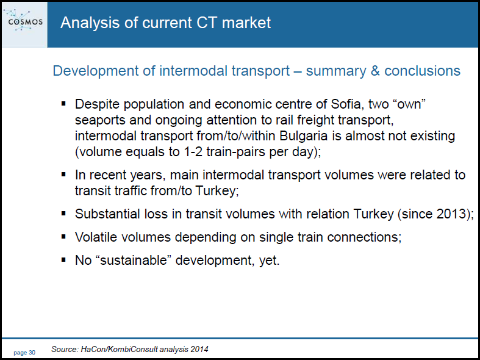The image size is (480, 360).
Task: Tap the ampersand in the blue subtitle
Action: click(x=374, y=71)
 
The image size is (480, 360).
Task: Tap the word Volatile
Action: click(x=96, y=237)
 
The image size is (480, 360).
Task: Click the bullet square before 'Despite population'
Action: click(x=63, y=104)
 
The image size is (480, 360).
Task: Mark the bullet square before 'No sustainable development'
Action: click(x=63, y=260)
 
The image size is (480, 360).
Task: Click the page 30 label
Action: click(x=24, y=353)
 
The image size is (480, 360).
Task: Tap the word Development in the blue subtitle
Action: click(x=95, y=71)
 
